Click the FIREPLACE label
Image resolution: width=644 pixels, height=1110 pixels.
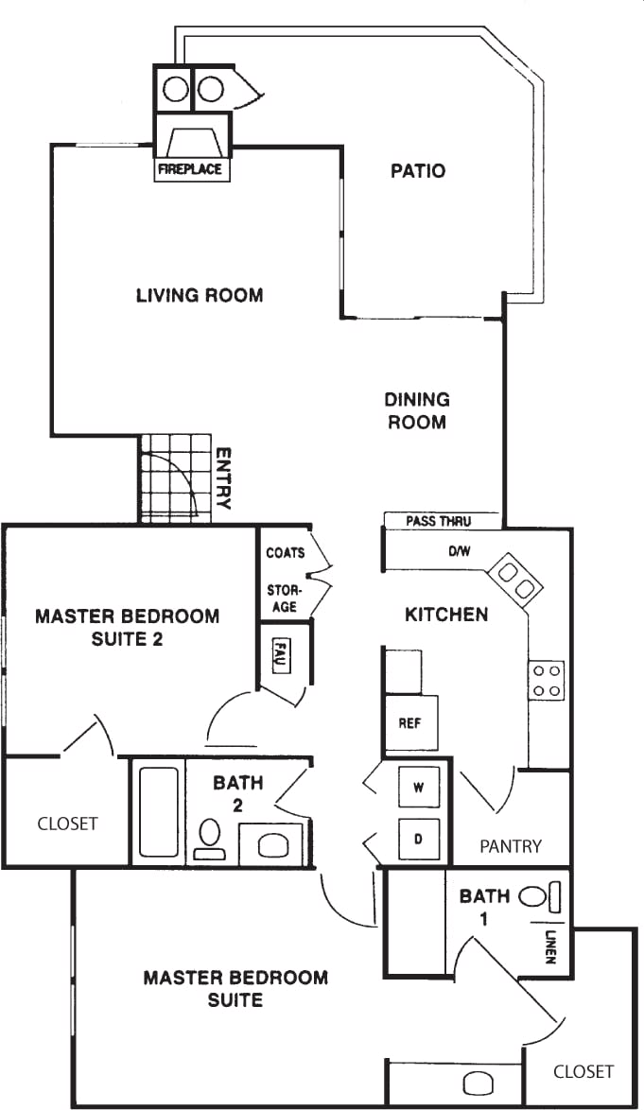190,169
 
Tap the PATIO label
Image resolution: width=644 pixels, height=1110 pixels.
417,171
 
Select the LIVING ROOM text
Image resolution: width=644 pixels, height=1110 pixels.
200,295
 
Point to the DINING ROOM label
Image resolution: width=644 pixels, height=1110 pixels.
417,410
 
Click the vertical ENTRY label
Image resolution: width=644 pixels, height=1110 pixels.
223,478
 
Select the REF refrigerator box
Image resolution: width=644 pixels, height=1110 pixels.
410,723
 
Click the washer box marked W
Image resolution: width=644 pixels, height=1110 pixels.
418,787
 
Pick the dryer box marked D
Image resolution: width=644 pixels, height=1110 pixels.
418,839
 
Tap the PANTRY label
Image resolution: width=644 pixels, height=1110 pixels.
510,845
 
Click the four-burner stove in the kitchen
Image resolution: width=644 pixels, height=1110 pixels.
548,680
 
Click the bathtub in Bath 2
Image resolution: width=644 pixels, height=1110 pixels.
159,812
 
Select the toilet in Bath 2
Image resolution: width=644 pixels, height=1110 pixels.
210,837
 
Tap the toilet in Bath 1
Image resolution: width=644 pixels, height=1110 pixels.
535,894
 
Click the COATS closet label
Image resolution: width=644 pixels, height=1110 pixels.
285,552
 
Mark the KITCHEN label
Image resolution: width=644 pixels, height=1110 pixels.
446,615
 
